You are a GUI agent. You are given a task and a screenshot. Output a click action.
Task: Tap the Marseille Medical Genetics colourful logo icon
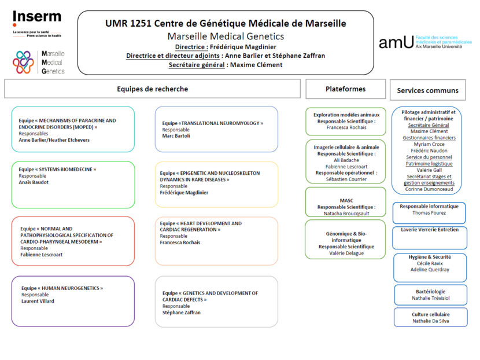pyautogui.click(x=24, y=62)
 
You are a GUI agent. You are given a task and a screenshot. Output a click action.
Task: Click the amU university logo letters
pyautogui.click(x=396, y=42)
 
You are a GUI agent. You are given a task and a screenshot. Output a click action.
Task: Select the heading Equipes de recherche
pyautogui.click(x=152, y=89)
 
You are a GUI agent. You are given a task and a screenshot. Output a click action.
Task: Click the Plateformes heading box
pyautogui.click(x=345, y=89)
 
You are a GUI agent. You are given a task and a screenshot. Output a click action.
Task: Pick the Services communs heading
pyautogui.click(x=427, y=90)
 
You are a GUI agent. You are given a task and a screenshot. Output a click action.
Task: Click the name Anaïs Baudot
pyautogui.click(x=34, y=182)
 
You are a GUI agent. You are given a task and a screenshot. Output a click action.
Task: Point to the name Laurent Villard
pyautogui.click(x=38, y=301)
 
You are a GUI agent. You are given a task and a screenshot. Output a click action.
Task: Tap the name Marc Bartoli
pyautogui.click(x=176, y=137)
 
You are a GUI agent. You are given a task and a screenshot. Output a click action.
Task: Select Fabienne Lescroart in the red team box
pyautogui.click(x=42, y=254)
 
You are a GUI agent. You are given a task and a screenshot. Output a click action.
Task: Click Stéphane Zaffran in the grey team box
pyautogui.click(x=182, y=313)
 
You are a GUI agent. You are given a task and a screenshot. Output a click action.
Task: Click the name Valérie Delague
pyautogui.click(x=346, y=254)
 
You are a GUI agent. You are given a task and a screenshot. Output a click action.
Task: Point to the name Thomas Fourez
pyautogui.click(x=429, y=213)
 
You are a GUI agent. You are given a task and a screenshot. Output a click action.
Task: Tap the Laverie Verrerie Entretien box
pyautogui.click(x=429, y=230)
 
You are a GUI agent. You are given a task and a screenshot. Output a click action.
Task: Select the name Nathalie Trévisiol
pyautogui.click(x=429, y=298)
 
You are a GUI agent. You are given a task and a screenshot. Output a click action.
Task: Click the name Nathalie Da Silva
pyautogui.click(x=429, y=321)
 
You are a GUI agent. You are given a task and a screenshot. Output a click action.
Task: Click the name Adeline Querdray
pyautogui.click(x=429, y=270)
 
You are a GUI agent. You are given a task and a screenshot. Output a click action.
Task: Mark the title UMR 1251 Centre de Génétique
pyautogui.click(x=226, y=24)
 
